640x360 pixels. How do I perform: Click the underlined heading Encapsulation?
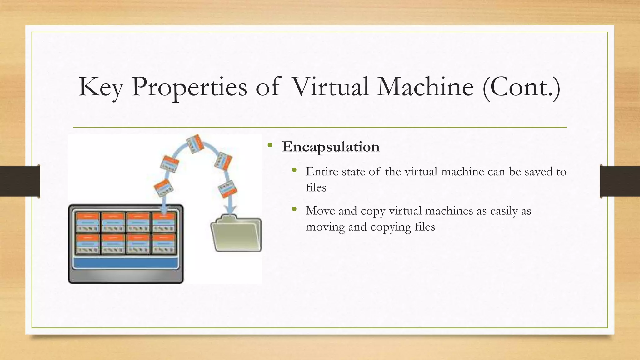331,147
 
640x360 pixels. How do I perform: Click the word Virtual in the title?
330,87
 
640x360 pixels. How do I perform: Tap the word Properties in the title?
189,87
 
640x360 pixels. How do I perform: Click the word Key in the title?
101,87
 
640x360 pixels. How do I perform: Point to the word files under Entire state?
316,187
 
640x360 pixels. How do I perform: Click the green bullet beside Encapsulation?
270,145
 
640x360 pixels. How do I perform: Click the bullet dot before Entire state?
294,170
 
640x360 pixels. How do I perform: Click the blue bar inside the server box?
126,263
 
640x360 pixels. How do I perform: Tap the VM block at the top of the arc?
195,144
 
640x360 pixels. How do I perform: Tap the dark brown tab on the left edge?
20,181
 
